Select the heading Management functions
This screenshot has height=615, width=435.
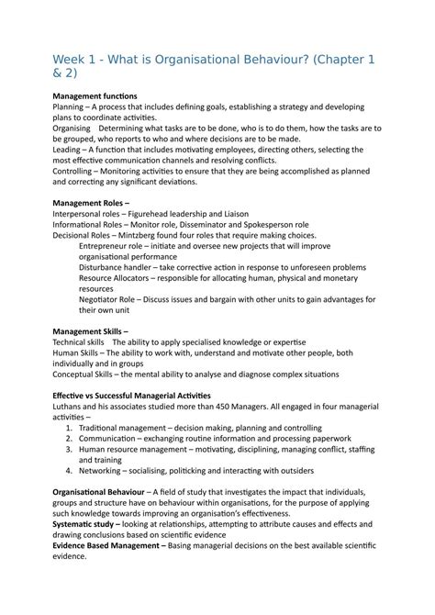coord(95,96)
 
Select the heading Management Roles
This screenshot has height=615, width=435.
coord(88,202)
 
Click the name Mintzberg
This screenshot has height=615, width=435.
coord(151,235)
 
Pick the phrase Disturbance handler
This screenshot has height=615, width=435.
coord(120,267)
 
